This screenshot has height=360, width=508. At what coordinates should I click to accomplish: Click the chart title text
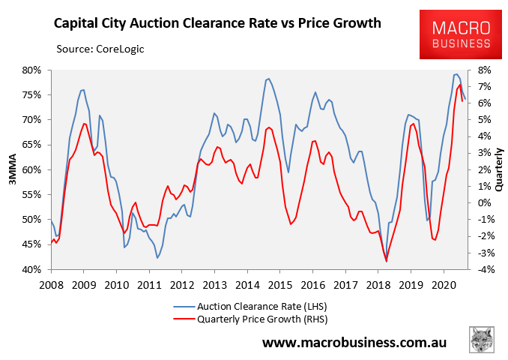click(x=217, y=23)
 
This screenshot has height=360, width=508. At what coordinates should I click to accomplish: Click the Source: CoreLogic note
click(x=100, y=49)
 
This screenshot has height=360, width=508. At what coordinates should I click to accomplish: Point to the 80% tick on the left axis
click(x=31, y=70)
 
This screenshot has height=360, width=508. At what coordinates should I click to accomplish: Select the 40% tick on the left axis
click(x=31, y=269)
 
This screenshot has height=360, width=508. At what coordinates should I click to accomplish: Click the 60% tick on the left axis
click(x=31, y=169)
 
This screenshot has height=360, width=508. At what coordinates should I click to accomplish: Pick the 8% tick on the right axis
click(x=483, y=70)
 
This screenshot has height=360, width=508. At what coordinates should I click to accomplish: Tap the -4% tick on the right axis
click(x=483, y=269)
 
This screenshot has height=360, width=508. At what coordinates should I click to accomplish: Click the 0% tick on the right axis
click(x=483, y=202)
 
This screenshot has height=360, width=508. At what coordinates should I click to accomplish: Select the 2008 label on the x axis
click(x=51, y=284)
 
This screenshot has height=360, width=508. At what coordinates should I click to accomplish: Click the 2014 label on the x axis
click(x=247, y=284)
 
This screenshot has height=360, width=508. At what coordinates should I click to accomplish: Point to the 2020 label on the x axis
click(x=444, y=284)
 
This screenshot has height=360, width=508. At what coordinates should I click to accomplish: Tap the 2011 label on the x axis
click(x=149, y=284)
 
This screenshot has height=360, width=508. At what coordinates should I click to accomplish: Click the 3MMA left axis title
click(x=10, y=169)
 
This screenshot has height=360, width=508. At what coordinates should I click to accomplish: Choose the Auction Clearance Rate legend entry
click(x=255, y=306)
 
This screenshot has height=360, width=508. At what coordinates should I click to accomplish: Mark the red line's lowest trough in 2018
click(x=387, y=261)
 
